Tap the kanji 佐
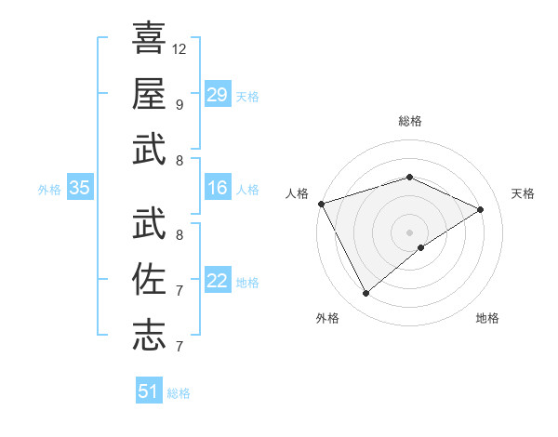point(149,280)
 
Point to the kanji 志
point(149,335)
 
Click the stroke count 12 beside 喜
point(179,48)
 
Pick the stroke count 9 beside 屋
point(179,104)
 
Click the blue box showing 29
point(217,95)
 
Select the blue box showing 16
point(217,189)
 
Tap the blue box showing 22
point(217,281)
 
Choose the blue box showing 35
point(80,189)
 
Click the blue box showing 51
point(149,391)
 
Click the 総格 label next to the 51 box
point(179,393)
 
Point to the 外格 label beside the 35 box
point(49,190)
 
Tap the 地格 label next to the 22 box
point(247,283)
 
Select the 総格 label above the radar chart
point(409,121)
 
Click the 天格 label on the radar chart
point(523,193)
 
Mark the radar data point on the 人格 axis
point(321,204)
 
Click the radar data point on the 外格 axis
point(365,294)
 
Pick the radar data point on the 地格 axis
point(421,247)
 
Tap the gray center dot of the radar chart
point(409,232)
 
